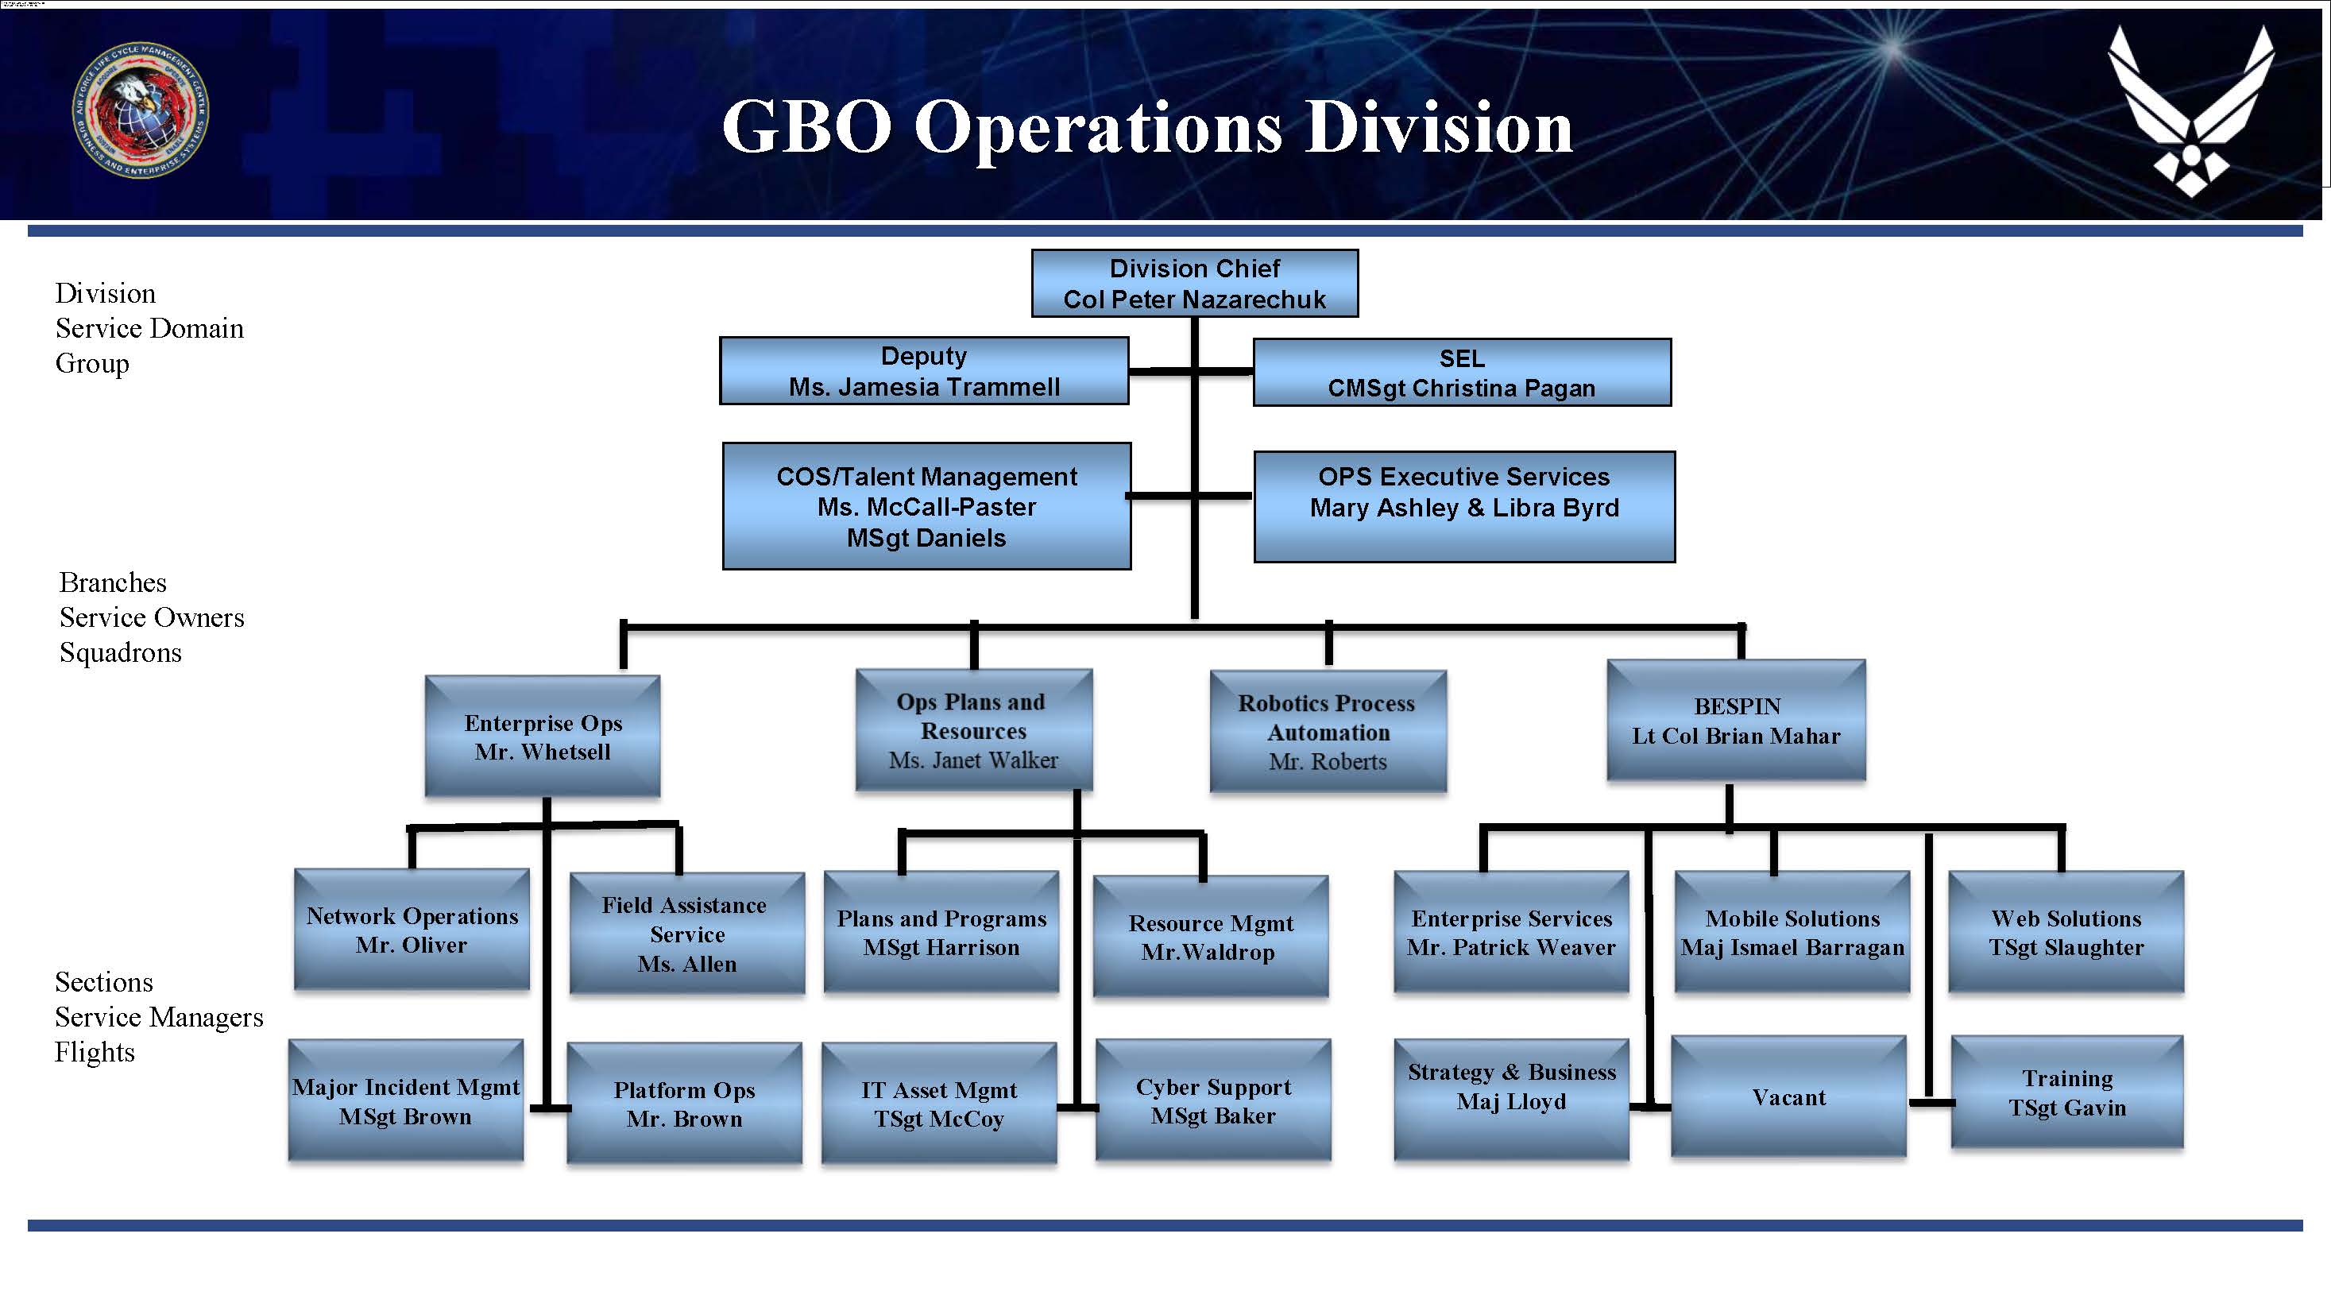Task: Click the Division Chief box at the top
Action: pos(1194,283)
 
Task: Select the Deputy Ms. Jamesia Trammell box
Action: pos(924,371)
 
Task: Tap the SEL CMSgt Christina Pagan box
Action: pos(1461,373)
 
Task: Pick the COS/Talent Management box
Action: pos(926,506)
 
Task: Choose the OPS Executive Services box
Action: pos(1464,507)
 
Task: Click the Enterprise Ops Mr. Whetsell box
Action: pos(543,737)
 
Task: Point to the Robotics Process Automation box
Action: pos(1328,731)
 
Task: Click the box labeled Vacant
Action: pos(1788,1096)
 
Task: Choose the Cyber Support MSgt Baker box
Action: pos(1212,1100)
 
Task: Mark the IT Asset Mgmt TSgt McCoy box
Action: pos(939,1103)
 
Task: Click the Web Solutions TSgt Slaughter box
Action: pos(2066,932)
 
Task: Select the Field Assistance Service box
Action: pos(686,934)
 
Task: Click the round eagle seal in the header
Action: pos(141,110)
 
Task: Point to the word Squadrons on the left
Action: pos(120,652)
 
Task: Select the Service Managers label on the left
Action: pos(158,1017)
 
